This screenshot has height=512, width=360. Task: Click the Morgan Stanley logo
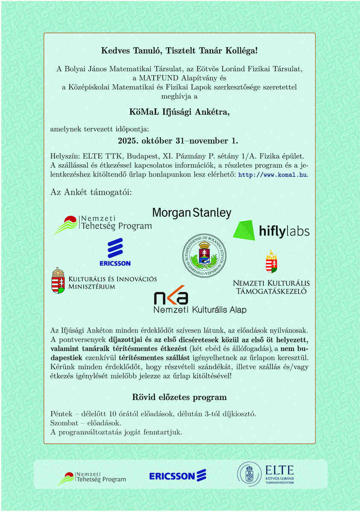coord(192,212)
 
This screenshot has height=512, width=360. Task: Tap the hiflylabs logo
coord(271,230)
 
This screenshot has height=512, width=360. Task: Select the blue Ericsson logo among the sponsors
coord(115,252)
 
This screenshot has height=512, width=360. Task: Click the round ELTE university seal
coord(204,256)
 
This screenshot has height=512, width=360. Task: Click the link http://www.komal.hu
coord(273,175)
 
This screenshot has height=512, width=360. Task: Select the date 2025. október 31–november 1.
coord(178,141)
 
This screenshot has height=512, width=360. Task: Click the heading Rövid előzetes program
coord(179,397)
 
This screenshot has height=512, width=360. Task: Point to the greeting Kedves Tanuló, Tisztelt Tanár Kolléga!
coord(179,51)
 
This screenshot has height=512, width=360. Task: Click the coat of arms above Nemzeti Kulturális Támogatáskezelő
coord(271,262)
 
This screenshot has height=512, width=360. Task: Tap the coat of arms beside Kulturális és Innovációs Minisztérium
coord(58,280)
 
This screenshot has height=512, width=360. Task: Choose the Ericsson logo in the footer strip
coord(178,475)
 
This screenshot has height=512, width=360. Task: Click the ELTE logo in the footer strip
coord(266,474)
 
